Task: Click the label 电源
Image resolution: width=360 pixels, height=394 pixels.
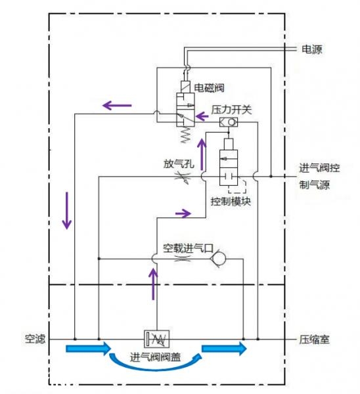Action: (x=312, y=49)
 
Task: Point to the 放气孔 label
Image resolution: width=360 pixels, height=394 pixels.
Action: (x=178, y=163)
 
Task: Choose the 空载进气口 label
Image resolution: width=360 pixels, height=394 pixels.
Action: (x=188, y=248)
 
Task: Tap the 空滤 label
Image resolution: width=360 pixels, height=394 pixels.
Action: (x=34, y=339)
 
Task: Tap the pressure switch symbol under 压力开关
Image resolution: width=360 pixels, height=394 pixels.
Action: (x=228, y=122)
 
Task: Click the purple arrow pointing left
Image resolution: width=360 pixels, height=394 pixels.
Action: (x=116, y=104)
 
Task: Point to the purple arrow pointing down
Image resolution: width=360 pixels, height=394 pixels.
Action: (x=66, y=210)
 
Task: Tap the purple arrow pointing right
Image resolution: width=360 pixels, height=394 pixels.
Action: (x=183, y=213)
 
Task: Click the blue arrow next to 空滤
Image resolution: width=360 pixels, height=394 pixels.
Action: (x=88, y=348)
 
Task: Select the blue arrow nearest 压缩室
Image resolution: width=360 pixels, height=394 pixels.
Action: (x=224, y=348)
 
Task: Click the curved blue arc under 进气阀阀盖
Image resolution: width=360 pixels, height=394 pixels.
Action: (x=155, y=366)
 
